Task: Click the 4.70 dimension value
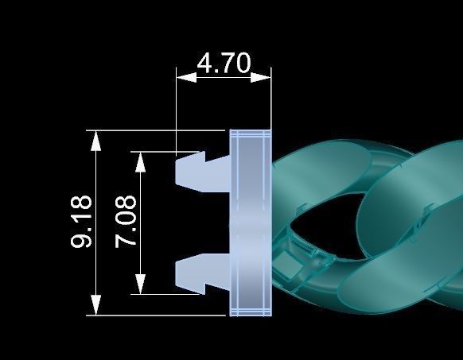coord(224,63)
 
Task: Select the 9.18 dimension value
coord(81,223)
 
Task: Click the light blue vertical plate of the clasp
coord(251,223)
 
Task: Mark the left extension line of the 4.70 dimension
coord(176,111)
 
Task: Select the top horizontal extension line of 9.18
coord(159,129)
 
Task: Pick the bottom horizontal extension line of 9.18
coord(159,315)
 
